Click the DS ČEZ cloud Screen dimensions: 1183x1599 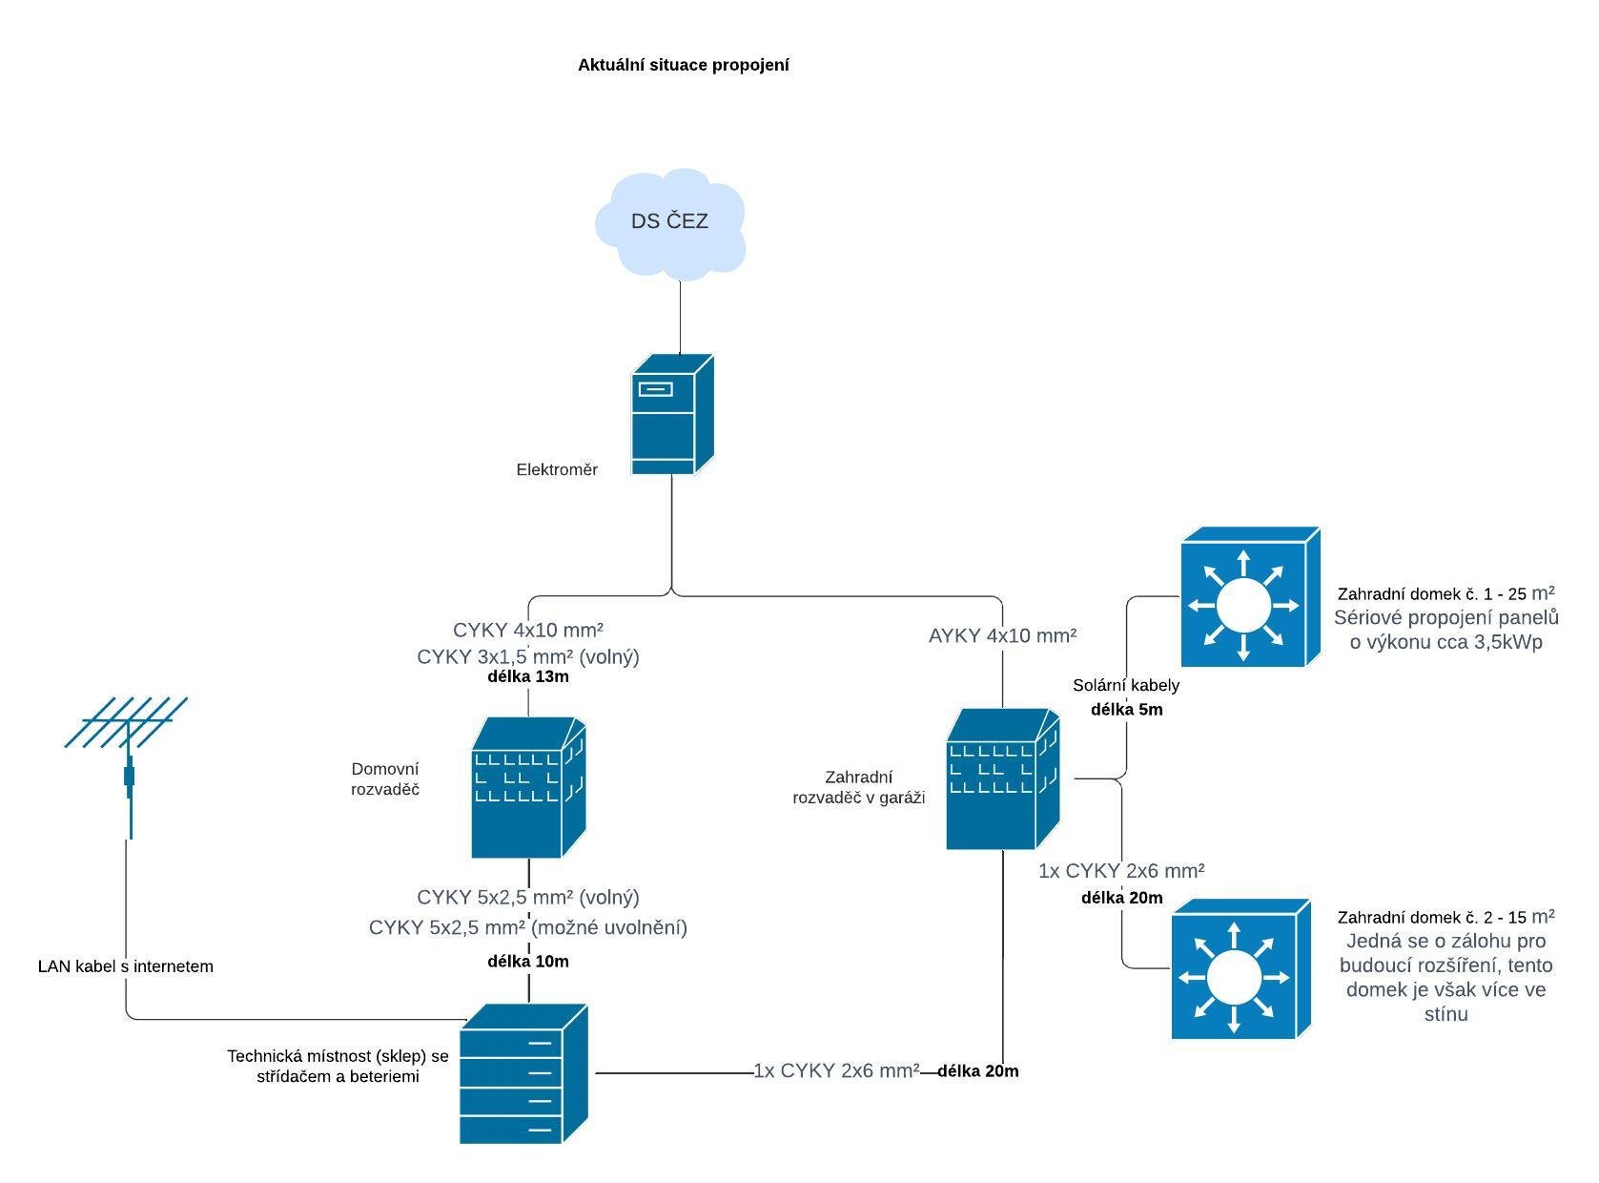point(669,223)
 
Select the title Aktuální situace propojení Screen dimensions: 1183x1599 point(683,65)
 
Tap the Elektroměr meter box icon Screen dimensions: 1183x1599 point(671,415)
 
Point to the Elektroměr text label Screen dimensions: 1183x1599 point(557,469)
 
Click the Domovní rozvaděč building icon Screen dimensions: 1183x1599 point(527,788)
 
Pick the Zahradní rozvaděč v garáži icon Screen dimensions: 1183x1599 point(1001,778)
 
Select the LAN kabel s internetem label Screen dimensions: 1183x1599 point(125,966)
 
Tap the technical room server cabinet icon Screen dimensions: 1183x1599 point(523,1074)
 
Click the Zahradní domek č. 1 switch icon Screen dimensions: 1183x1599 point(1249,597)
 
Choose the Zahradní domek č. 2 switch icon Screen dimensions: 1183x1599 point(1240,969)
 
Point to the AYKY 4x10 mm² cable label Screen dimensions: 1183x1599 point(1002,635)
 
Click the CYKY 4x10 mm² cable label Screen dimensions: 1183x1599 point(527,630)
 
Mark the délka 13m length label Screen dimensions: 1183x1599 point(527,676)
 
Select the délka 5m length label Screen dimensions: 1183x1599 point(1126,710)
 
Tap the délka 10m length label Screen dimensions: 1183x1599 point(527,961)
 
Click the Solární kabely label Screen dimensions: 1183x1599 point(1125,685)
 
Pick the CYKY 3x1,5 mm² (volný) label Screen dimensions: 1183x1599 point(527,656)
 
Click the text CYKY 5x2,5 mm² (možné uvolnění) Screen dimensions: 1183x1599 point(527,927)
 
